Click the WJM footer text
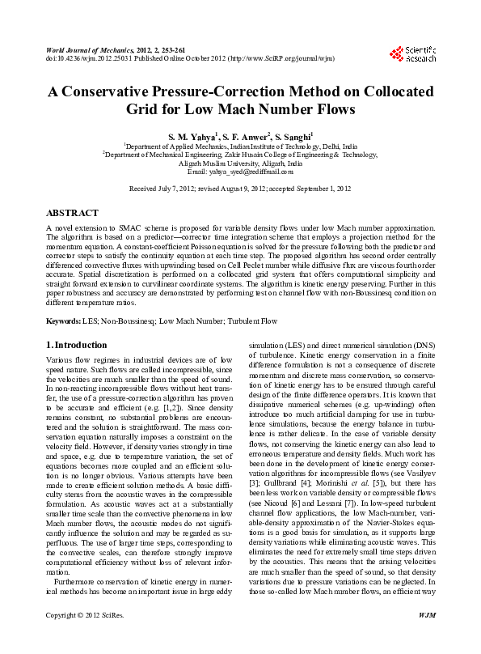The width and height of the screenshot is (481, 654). (427, 638)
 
